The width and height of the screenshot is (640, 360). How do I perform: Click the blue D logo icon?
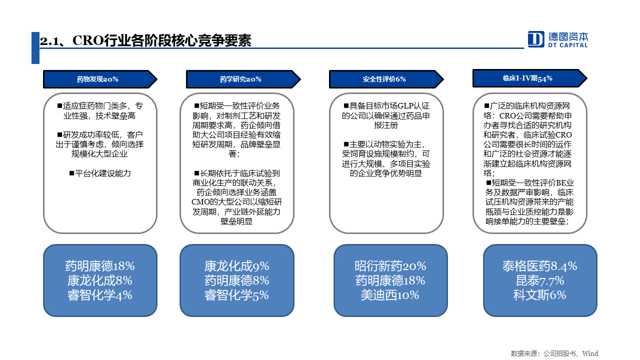pyautogui.click(x=535, y=39)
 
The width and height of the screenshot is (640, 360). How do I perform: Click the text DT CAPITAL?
pyautogui.click(x=567, y=45)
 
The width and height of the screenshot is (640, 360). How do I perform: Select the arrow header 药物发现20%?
pyautogui.click(x=100, y=79)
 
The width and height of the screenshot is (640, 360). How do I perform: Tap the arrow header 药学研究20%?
pyautogui.click(x=243, y=79)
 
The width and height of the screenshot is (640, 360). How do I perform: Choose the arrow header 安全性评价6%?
pyautogui.click(x=386, y=79)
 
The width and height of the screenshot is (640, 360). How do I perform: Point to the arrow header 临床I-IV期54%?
pyautogui.click(x=529, y=78)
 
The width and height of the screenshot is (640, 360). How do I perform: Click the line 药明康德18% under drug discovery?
pyautogui.click(x=100, y=266)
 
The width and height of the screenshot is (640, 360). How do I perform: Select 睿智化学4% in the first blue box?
pyautogui.click(x=100, y=295)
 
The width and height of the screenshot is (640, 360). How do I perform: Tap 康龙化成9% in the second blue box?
pyautogui.click(x=236, y=266)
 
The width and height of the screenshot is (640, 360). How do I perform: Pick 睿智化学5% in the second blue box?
pyautogui.click(x=236, y=295)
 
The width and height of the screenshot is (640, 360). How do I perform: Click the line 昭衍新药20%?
pyautogui.click(x=390, y=266)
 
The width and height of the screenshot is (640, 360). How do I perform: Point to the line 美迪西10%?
pyautogui.click(x=390, y=295)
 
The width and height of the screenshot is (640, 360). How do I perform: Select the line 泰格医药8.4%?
pyautogui.click(x=539, y=266)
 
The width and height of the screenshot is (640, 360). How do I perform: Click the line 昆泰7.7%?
pyautogui.click(x=540, y=280)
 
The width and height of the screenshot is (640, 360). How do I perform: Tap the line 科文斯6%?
pyautogui.click(x=539, y=295)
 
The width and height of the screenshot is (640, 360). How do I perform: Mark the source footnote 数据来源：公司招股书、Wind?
pyautogui.click(x=554, y=353)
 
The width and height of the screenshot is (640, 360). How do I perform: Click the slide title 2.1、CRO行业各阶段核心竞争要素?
pyautogui.click(x=145, y=40)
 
